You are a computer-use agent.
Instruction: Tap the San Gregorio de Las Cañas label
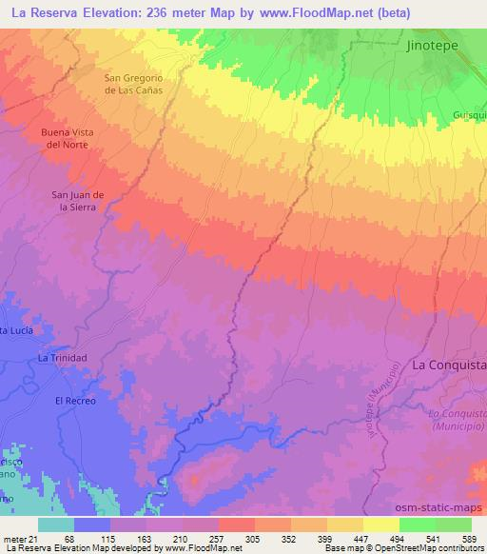(x=134, y=83)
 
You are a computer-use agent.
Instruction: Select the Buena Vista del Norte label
(x=67, y=139)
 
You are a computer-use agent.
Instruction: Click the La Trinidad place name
(x=62, y=357)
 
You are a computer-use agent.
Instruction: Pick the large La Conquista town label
(x=448, y=365)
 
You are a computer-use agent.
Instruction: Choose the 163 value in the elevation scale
(x=143, y=539)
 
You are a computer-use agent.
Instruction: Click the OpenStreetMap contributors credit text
(x=430, y=549)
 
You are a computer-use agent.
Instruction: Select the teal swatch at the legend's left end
(x=55, y=524)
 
